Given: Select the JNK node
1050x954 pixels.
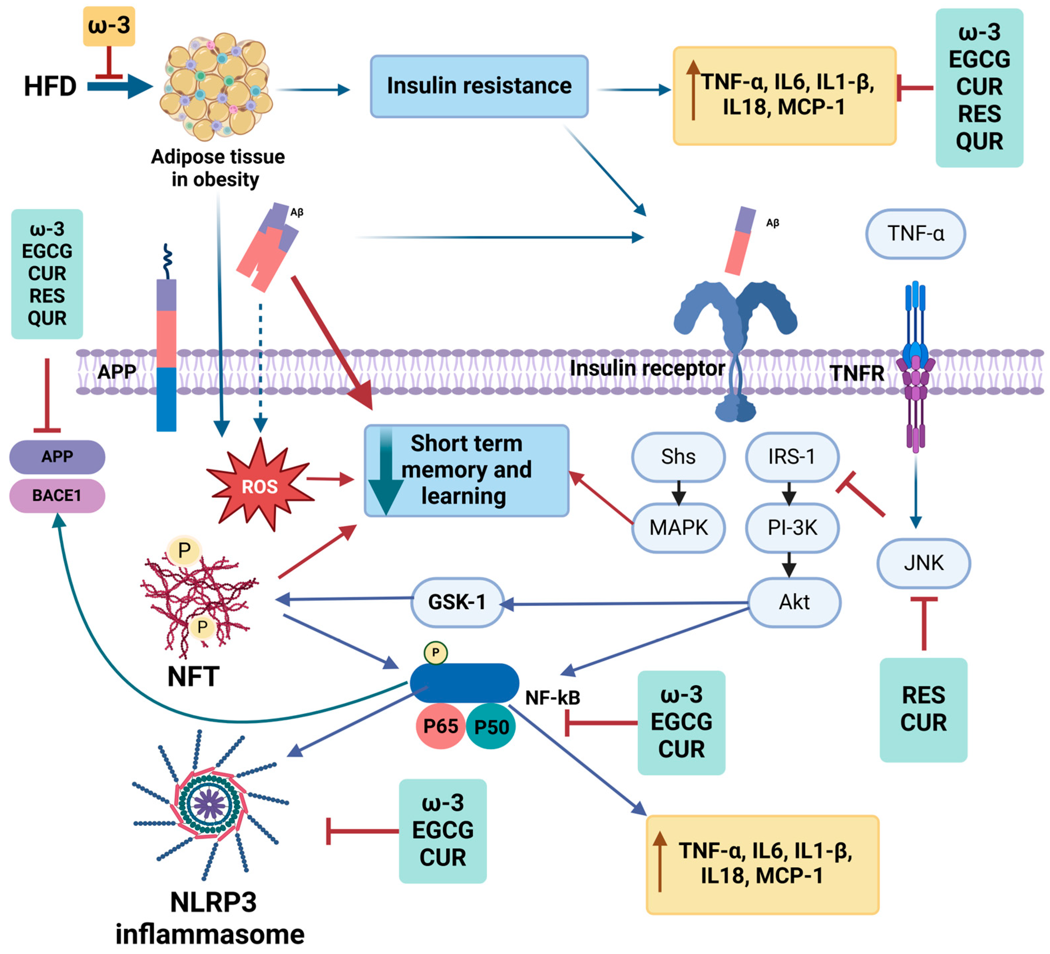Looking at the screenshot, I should (x=924, y=563).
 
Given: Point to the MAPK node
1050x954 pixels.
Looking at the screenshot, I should (x=678, y=527).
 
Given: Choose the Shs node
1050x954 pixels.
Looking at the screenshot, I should (x=678, y=457).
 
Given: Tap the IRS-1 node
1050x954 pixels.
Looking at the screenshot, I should (x=792, y=457).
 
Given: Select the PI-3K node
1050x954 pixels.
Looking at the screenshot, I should (x=792, y=527).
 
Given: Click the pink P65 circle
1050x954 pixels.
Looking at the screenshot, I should (x=440, y=726).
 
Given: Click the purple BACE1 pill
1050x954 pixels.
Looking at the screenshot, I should (x=57, y=495).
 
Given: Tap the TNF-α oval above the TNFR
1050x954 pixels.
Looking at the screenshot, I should (x=915, y=234).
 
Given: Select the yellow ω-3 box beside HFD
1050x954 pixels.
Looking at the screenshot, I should (x=109, y=26).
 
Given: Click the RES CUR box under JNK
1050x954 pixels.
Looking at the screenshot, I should (x=924, y=709).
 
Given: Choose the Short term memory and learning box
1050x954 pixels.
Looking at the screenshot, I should (x=466, y=470).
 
